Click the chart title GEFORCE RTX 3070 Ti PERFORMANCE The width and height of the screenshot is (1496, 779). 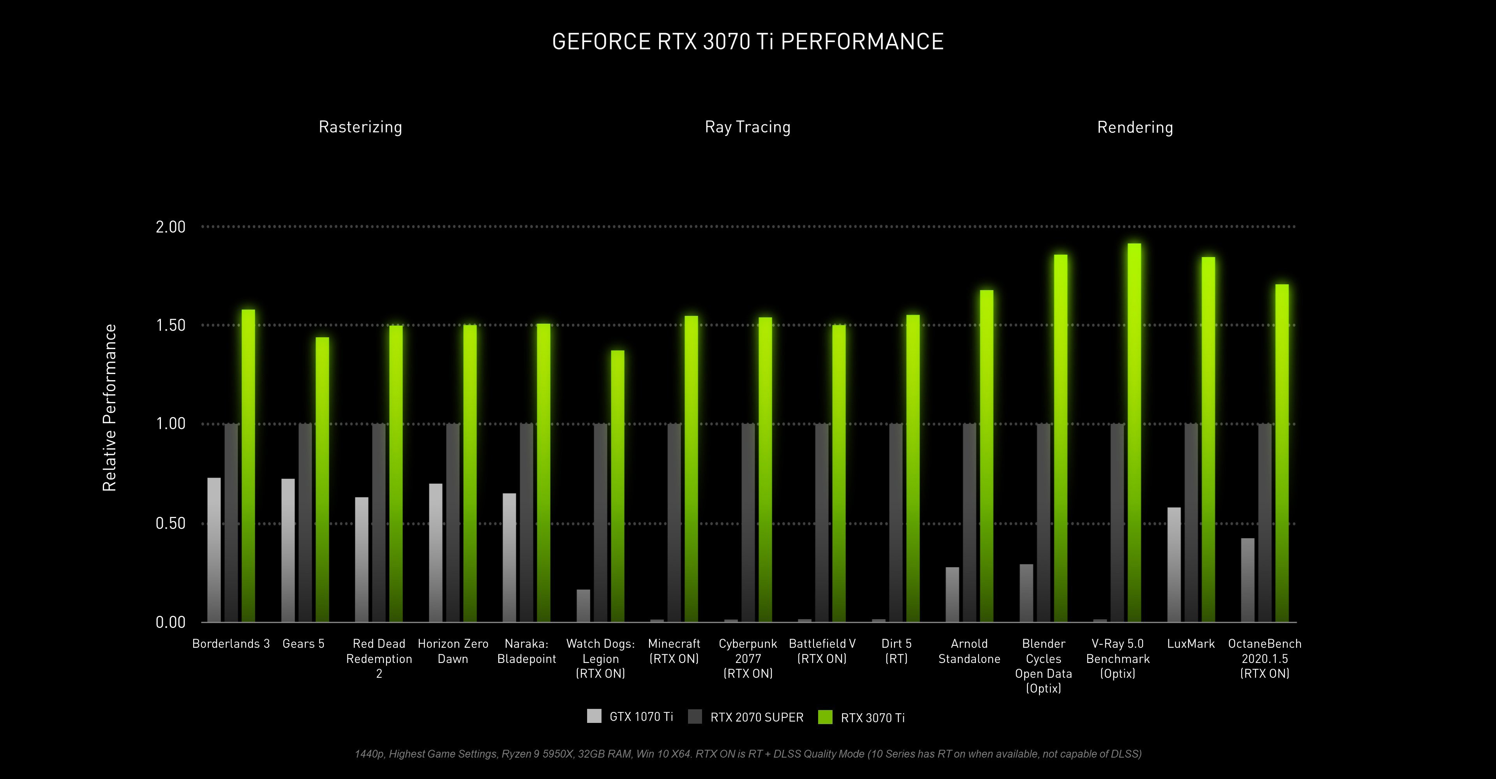748,42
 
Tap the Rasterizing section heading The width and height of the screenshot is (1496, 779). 360,127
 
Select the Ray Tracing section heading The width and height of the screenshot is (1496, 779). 748,127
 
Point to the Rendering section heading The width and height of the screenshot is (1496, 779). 1135,127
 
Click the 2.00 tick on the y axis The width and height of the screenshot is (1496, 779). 170,226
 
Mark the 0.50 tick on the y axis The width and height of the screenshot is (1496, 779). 170,523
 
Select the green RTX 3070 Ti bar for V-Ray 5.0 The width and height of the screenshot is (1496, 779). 1134,432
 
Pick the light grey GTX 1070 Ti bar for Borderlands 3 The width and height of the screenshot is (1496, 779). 214,549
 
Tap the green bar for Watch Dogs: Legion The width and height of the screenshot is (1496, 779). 617,486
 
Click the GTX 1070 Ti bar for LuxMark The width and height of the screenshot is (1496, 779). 1174,564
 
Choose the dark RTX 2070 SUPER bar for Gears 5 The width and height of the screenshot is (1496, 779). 305,522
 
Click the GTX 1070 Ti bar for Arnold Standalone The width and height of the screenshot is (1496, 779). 952,594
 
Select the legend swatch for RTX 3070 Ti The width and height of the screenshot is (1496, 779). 825,717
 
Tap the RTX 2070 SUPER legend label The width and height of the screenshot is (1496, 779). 757,717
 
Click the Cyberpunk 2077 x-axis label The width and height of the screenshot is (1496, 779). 748,658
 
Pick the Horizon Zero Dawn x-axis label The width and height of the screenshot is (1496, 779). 453,651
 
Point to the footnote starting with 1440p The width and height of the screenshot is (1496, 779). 748,753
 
